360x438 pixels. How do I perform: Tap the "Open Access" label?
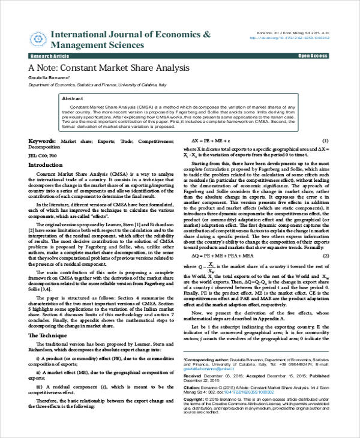311,55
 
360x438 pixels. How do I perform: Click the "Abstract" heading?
73,98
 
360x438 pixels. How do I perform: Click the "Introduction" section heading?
46,164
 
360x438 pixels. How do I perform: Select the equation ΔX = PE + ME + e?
211,139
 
